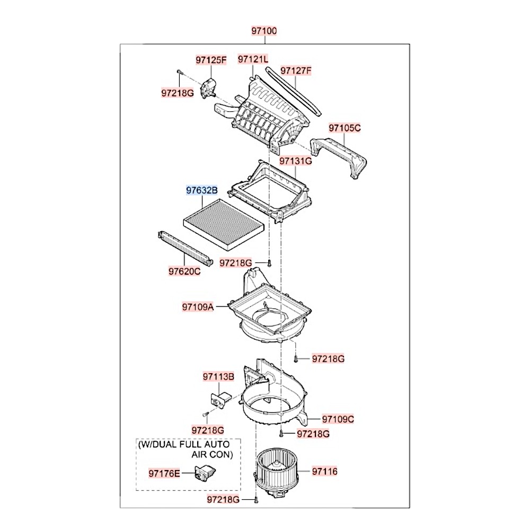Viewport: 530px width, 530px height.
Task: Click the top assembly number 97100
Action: (x=264, y=31)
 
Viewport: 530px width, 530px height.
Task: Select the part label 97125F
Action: (x=210, y=60)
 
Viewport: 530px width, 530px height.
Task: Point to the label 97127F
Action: (x=296, y=70)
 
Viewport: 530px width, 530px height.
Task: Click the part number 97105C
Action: (x=344, y=128)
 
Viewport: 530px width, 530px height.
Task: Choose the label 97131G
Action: (x=296, y=160)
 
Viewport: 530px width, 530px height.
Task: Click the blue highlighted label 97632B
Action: (x=201, y=189)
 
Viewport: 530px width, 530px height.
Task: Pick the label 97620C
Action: (x=184, y=271)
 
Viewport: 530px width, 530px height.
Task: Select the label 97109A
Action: (x=198, y=307)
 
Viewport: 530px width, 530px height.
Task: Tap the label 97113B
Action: (x=218, y=377)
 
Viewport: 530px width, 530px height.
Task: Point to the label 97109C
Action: (x=338, y=419)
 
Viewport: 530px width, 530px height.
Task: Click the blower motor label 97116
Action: (x=324, y=471)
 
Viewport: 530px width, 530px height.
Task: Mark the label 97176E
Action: (x=164, y=472)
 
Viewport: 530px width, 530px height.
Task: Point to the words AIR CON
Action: (x=212, y=454)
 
